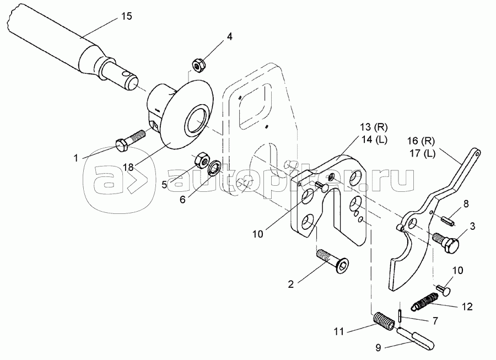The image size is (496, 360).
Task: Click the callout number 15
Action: (x=126, y=17)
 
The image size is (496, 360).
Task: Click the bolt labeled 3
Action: (x=448, y=243)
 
